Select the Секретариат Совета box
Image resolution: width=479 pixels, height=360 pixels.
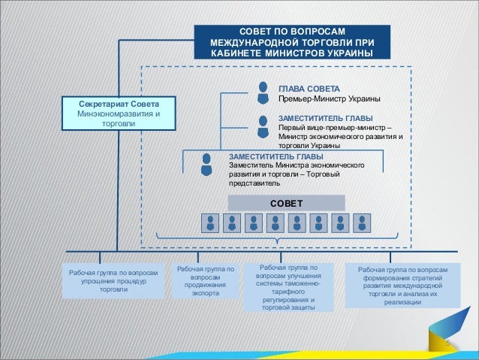coord(114,113)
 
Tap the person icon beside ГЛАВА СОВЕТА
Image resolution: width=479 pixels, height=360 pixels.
coord(263,92)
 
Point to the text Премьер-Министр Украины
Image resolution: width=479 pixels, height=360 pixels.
coord(328,99)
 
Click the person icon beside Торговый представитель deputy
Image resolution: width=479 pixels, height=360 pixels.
coord(206,165)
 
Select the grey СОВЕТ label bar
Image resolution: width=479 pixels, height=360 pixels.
coord(286,203)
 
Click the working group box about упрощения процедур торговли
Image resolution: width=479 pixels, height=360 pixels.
coord(113,281)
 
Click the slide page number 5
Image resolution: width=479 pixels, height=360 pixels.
coord(447,343)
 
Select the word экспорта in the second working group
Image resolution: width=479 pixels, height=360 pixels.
coord(206,294)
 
